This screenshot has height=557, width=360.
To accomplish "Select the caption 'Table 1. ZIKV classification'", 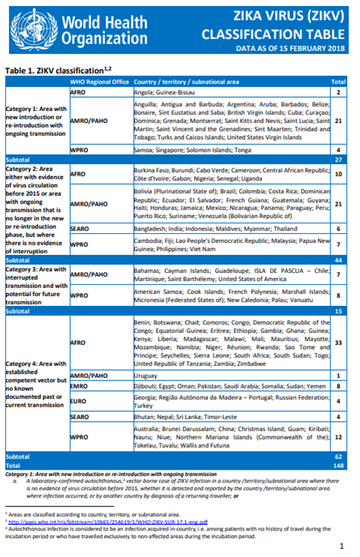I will tap(57, 69).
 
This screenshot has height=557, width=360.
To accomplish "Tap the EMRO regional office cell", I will tap(80, 386).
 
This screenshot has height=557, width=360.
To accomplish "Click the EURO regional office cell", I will tap(80, 401).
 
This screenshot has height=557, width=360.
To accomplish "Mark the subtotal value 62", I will tap(338, 456).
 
